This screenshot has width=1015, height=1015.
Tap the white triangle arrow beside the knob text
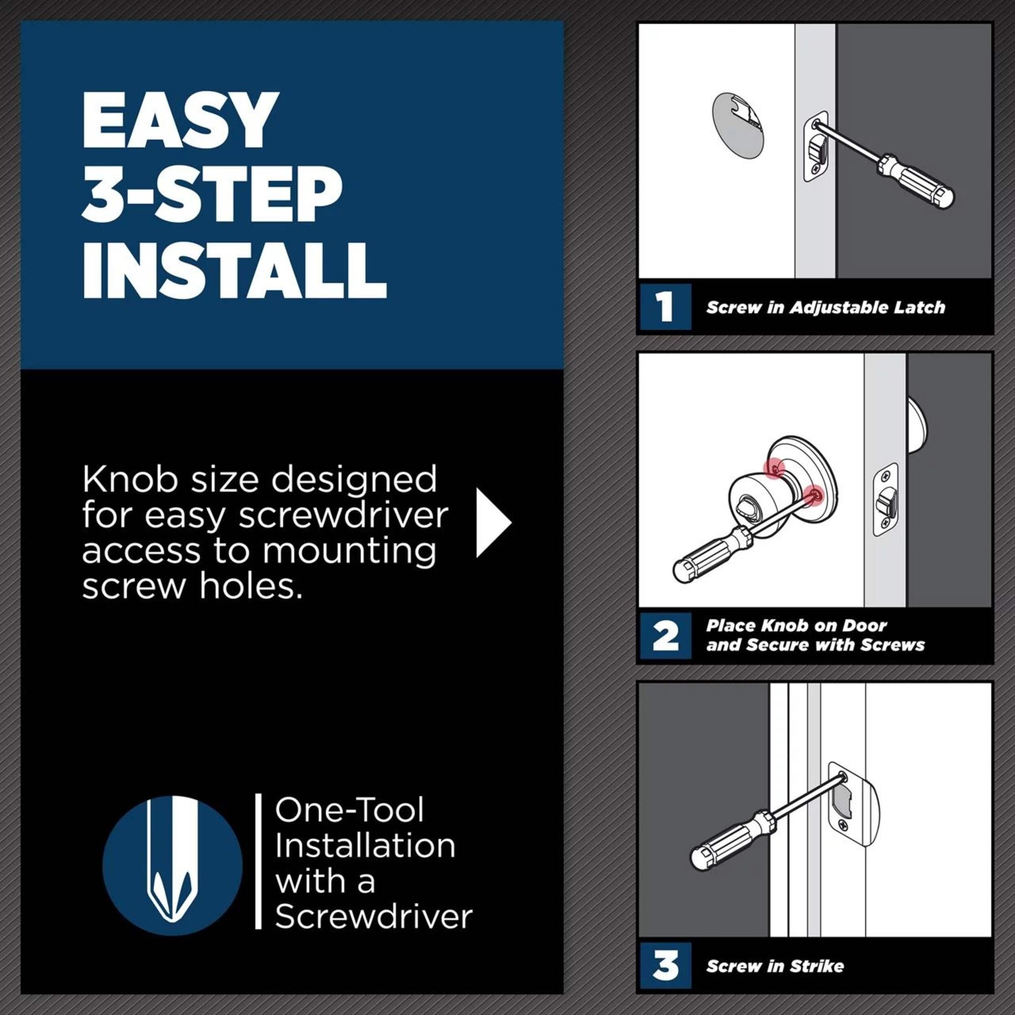493,523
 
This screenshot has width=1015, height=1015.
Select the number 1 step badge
665,307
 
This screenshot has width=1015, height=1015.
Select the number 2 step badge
665,636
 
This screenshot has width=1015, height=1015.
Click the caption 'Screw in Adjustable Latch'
825,307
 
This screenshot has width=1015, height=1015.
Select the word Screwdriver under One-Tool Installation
374,917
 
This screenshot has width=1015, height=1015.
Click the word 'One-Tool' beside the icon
349,811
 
